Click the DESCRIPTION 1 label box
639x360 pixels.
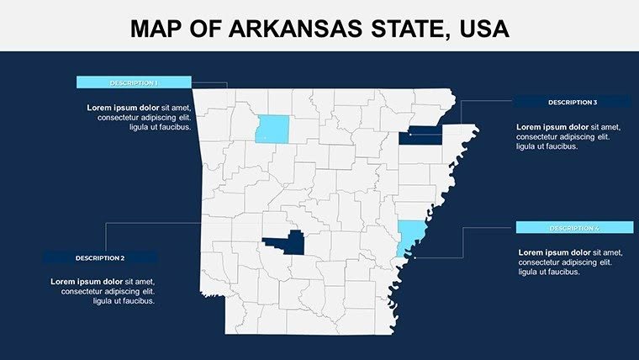134,82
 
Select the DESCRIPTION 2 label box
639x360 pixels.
100,257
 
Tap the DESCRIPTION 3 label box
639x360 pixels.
573,102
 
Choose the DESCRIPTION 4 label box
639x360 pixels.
574,228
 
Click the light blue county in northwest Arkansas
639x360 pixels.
271,129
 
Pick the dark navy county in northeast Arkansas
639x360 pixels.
422,135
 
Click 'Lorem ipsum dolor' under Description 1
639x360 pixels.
123,108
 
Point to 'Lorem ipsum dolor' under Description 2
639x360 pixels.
87,281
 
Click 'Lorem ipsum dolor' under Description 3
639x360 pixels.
552,127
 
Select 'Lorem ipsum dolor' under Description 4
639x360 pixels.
555,252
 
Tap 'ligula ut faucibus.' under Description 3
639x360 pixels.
547,146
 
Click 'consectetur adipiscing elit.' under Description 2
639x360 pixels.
102,291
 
